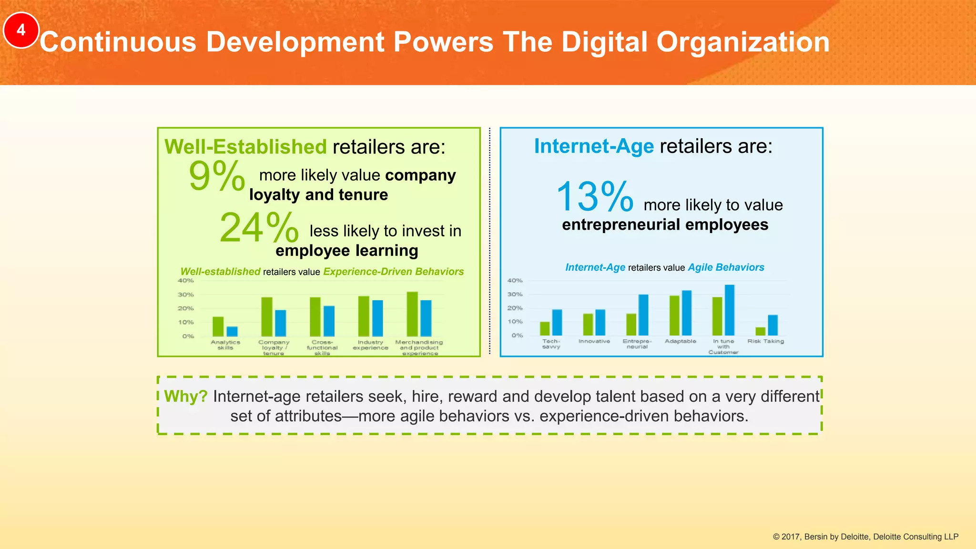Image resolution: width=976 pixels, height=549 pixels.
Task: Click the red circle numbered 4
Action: coord(20,30)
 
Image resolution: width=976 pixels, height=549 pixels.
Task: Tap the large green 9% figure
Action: coord(217,176)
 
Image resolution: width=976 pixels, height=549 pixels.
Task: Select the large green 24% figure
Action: coord(259,228)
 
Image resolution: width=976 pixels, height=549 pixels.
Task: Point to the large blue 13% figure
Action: coord(594,197)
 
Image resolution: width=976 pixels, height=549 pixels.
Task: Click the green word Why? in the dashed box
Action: coord(186,396)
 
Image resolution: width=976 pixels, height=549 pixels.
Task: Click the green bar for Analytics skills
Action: coord(218,326)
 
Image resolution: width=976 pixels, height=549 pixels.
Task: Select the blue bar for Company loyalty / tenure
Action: coord(281,323)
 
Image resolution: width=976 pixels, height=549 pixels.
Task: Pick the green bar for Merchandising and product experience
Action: coord(412,314)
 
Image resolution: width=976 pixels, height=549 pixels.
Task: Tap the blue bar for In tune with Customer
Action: coord(730,310)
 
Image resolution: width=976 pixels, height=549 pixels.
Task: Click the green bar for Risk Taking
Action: coord(760,331)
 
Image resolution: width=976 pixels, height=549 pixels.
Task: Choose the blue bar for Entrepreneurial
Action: coord(643,315)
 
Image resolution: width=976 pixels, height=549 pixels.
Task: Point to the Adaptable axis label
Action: coord(680,341)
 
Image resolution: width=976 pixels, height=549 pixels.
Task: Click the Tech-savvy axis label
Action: coord(551,344)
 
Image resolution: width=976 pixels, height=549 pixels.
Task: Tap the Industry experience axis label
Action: coord(370,345)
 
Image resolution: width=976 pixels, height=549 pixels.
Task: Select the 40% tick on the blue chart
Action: coord(515,281)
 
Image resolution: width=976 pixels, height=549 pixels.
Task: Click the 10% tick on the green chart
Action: coord(186,322)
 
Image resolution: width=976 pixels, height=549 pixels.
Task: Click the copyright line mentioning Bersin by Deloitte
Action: coord(865,537)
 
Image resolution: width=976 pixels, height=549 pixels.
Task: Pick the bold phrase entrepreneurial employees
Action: coord(665,224)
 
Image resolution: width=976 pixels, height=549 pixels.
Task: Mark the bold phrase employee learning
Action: coord(346,251)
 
